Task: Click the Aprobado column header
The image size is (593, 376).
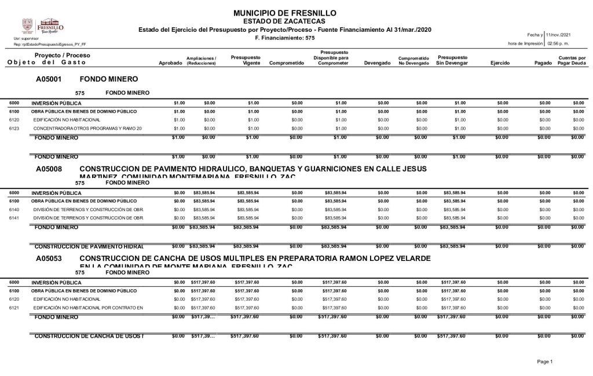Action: click(170, 62)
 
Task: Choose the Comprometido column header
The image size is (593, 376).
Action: click(287, 62)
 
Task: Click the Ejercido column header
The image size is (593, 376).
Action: click(500, 62)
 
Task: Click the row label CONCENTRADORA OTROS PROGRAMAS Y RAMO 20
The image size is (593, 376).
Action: click(87, 128)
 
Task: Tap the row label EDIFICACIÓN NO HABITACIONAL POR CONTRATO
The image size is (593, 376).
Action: click(87, 307)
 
